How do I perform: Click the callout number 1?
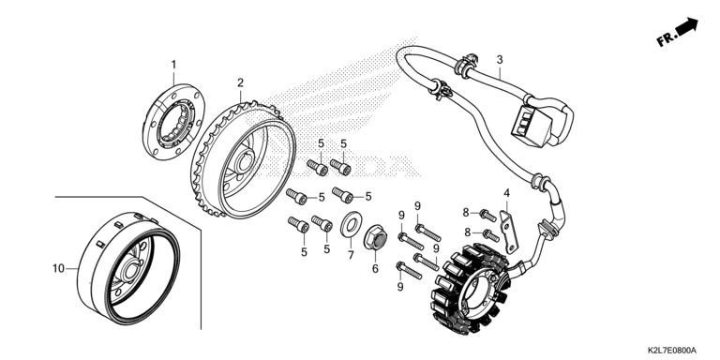point(173,65)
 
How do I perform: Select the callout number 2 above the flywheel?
point(240,82)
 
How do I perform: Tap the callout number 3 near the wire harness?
point(500,59)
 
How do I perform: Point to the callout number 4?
point(506,193)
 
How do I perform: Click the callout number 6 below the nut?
point(375,269)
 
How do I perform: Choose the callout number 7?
point(351,255)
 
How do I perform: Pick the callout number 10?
point(58,269)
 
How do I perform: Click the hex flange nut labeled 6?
point(375,237)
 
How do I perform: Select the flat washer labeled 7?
point(352,225)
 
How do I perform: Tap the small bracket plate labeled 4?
point(509,232)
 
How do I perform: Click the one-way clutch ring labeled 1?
point(173,122)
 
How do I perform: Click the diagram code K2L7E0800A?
point(672,351)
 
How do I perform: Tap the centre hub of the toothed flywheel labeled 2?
point(245,161)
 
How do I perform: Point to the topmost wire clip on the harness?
point(467,63)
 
